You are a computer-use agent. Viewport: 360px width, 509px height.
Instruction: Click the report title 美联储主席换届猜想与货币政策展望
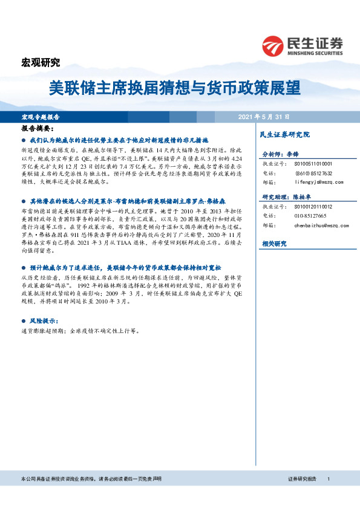[174, 88]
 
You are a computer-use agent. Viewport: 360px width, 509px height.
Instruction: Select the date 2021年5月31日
[263, 117]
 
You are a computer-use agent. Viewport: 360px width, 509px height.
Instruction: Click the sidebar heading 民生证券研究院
[284, 134]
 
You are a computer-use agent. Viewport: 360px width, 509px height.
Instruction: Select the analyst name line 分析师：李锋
[281, 155]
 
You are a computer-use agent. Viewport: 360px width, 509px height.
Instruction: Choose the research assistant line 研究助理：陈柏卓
[286, 198]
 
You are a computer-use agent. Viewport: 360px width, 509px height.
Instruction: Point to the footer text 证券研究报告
[302, 478]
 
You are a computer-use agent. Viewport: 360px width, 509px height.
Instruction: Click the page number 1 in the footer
[328, 478]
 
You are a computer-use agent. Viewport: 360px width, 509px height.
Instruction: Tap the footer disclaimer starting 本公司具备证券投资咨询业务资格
[91, 478]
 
